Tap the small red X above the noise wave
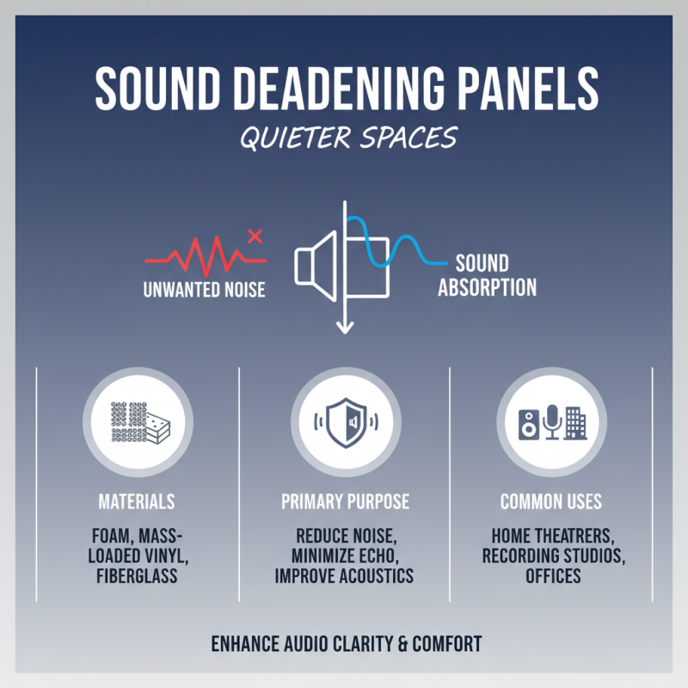pyautogui.click(x=255, y=236)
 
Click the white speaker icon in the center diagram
pyautogui.click(x=316, y=261)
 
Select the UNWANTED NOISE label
pyautogui.click(x=204, y=290)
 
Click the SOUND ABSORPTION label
pyautogui.click(x=487, y=275)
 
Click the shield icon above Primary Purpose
pyautogui.click(x=344, y=421)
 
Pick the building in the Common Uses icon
pyautogui.click(x=575, y=422)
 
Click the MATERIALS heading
pyautogui.click(x=137, y=501)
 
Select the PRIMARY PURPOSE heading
pyautogui.click(x=345, y=501)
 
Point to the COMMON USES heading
pyautogui.click(x=551, y=501)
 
